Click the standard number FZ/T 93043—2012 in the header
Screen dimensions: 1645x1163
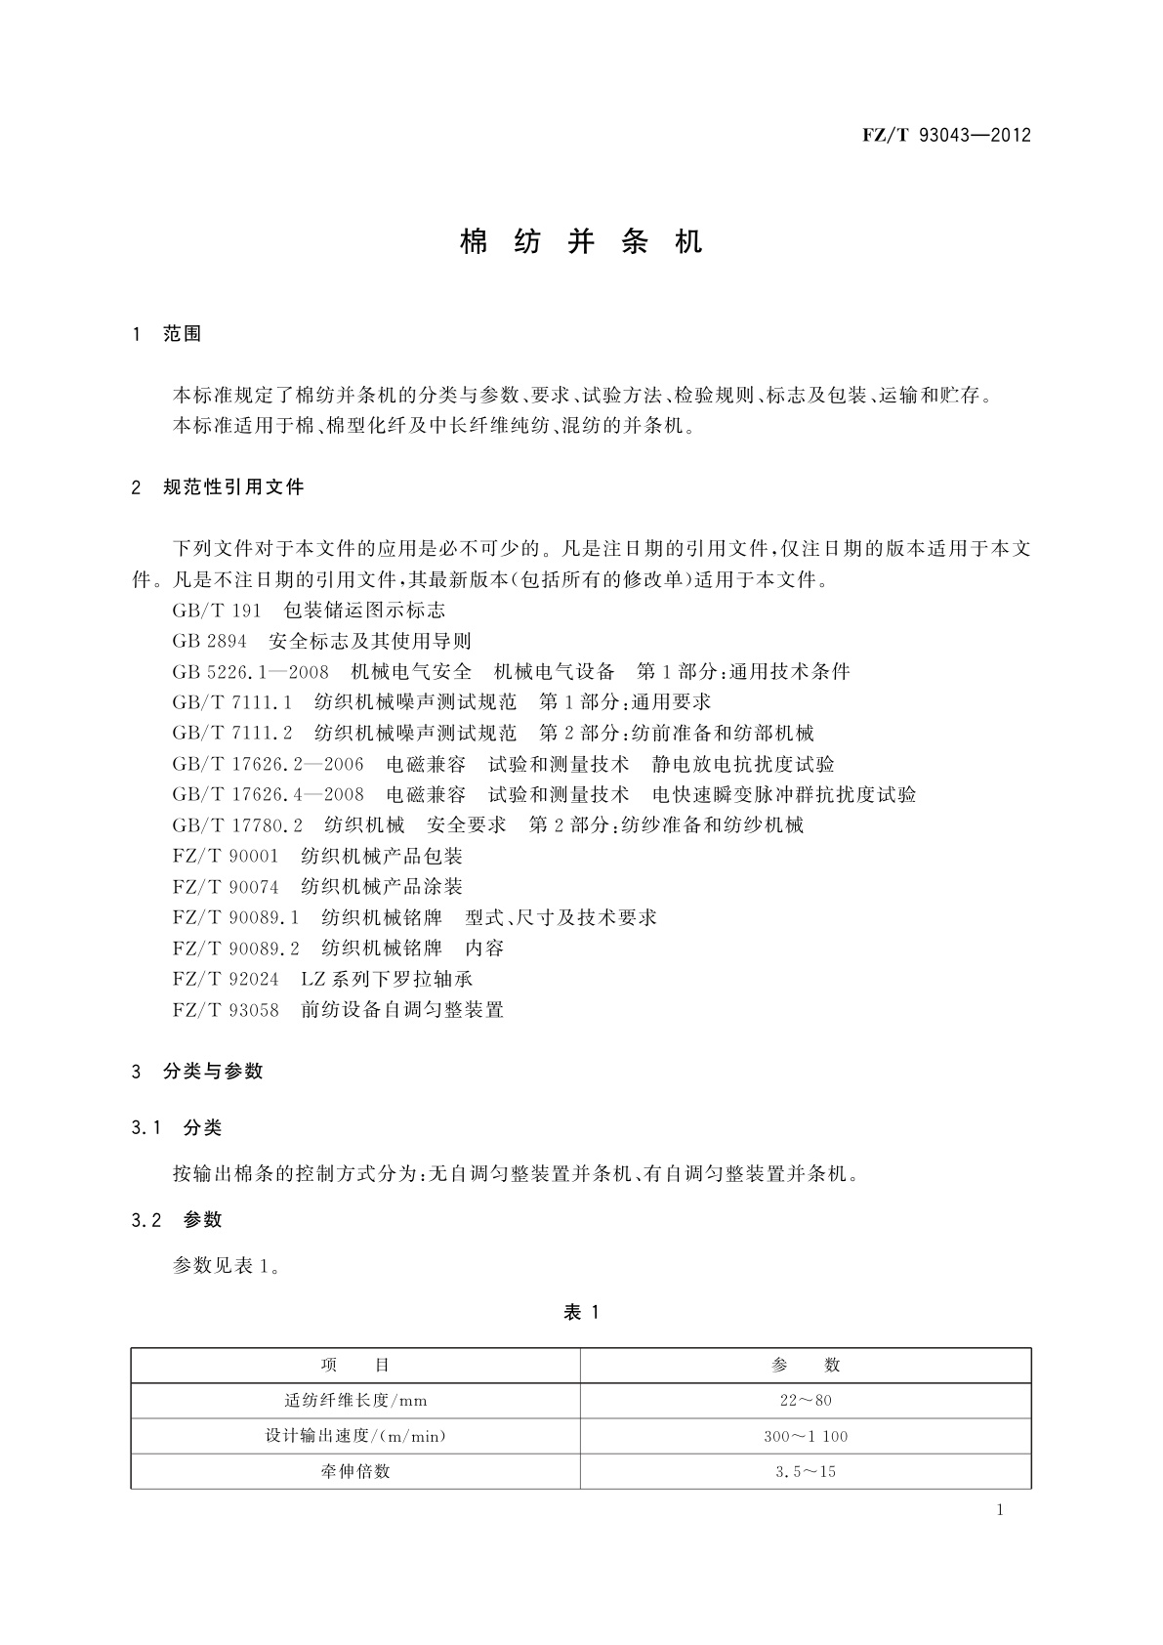point(946,135)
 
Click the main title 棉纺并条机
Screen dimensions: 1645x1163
point(581,241)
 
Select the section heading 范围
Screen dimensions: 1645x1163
point(182,334)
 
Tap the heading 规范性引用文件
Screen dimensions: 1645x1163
point(233,486)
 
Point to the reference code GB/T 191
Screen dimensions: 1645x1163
point(217,611)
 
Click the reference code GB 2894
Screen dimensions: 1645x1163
point(209,641)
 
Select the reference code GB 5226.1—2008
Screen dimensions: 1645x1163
point(250,671)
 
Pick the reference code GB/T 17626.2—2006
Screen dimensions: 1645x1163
point(268,764)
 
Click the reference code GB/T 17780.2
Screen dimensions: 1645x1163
point(238,824)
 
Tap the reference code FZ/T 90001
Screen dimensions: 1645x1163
point(226,856)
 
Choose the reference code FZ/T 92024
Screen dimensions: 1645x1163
point(226,979)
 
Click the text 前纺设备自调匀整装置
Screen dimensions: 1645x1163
point(402,1009)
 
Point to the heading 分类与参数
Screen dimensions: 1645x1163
point(213,1072)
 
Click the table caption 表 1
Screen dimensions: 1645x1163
point(581,1313)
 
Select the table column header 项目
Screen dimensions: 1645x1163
point(355,1366)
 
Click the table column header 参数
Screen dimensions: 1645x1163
point(806,1366)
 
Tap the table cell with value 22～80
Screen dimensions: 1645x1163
point(806,1401)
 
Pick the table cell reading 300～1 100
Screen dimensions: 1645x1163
point(806,1436)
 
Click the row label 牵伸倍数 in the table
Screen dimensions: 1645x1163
point(355,1471)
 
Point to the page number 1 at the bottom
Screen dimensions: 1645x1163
point(1000,1510)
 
